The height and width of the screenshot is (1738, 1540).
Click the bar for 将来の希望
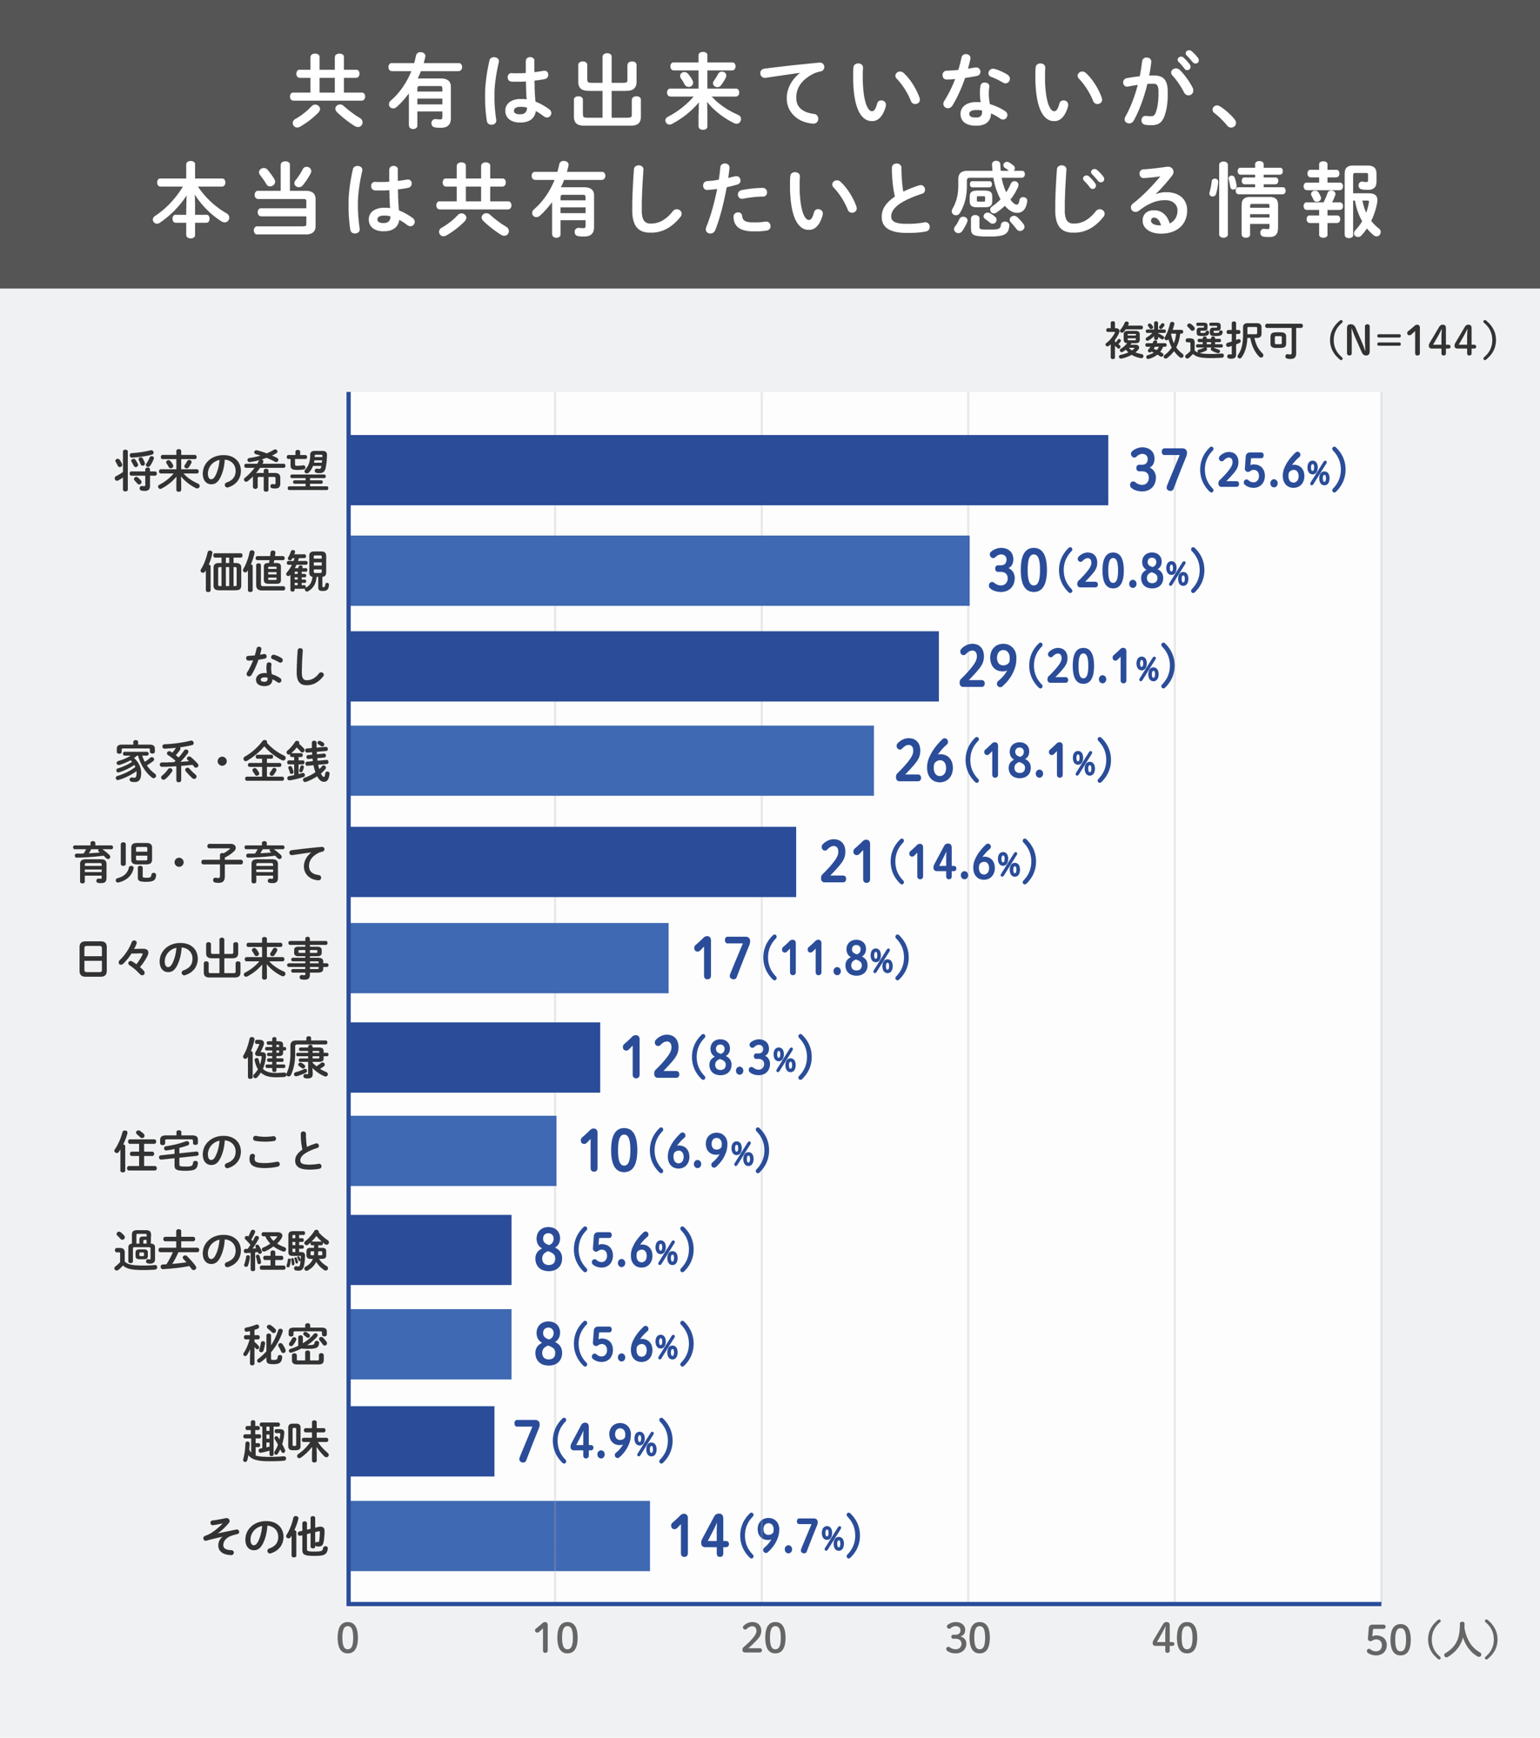728,470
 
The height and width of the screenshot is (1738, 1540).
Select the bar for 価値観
659,571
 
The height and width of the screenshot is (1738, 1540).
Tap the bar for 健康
474,1057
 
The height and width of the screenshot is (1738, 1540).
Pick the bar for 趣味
421,1441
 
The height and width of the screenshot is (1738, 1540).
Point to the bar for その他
499,1535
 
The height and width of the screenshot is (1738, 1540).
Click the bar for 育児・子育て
572,861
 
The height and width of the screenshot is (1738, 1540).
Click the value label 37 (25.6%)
1236,470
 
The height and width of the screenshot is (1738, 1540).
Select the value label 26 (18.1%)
1002,760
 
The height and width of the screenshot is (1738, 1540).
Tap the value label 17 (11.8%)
800,958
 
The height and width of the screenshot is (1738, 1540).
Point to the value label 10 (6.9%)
674,1151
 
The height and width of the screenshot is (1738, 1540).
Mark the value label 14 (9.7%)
764,1535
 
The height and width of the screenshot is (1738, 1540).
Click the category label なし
285,667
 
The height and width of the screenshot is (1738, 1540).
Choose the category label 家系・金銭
222,761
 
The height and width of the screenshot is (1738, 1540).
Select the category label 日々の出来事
202,959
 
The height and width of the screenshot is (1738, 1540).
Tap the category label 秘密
285,1345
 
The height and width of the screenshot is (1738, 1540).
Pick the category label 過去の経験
222,1250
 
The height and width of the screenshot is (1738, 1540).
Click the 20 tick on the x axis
763,1639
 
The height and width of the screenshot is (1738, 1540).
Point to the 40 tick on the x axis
1175,1639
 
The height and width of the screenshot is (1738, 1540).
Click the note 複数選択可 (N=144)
1302,340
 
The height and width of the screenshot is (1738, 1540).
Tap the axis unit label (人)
1463,1639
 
